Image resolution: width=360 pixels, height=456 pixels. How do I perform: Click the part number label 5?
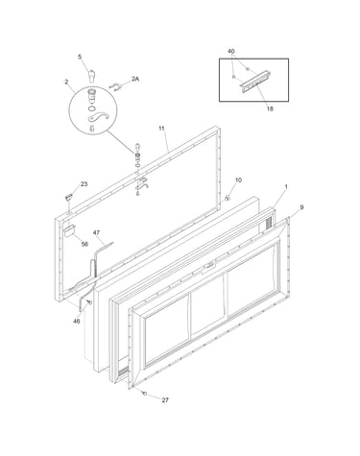[80, 57]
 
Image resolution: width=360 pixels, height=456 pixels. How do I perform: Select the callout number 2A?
[135, 79]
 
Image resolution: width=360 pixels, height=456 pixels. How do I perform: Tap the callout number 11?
[161, 129]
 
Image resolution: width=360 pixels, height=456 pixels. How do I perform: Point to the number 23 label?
[84, 184]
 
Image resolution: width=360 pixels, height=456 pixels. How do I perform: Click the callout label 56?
[84, 244]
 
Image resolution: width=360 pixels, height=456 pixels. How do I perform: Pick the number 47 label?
[96, 232]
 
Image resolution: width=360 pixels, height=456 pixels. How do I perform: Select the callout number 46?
[77, 322]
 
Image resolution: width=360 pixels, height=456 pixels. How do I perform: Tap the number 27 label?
[165, 400]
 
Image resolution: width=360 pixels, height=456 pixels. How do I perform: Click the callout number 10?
[238, 180]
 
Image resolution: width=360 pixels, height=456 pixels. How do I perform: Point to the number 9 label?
[301, 207]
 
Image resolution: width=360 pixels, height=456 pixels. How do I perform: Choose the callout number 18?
[270, 108]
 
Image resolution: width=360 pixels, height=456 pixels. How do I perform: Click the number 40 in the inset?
[231, 51]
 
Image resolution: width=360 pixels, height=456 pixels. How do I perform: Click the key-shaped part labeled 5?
[92, 76]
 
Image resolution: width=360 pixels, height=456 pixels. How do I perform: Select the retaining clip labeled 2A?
[115, 86]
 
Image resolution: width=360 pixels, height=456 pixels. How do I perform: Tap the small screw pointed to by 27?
[145, 393]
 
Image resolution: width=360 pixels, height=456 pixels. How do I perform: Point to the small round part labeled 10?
[228, 198]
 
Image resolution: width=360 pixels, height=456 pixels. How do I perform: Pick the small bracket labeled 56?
[69, 230]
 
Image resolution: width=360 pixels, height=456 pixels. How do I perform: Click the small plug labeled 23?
[68, 198]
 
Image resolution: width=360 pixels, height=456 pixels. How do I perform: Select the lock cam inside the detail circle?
[99, 117]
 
